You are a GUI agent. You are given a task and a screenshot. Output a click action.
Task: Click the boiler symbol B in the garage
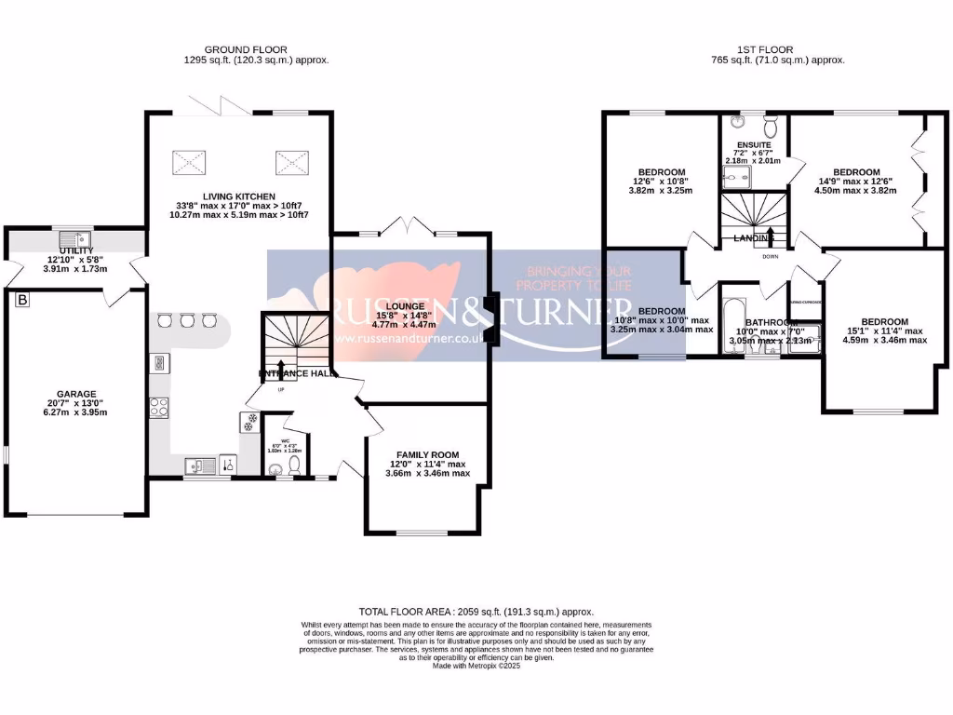(22, 301)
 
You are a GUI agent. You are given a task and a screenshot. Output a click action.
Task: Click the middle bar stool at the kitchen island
(188, 321)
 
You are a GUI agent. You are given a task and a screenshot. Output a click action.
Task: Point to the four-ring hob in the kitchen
(158, 407)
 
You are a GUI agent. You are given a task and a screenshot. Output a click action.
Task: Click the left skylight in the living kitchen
(190, 163)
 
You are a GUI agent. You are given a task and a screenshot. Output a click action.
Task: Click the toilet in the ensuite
(769, 125)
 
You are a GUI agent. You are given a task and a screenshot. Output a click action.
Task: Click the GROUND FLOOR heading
(246, 49)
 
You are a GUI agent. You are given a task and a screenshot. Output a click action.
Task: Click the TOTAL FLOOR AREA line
(476, 612)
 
